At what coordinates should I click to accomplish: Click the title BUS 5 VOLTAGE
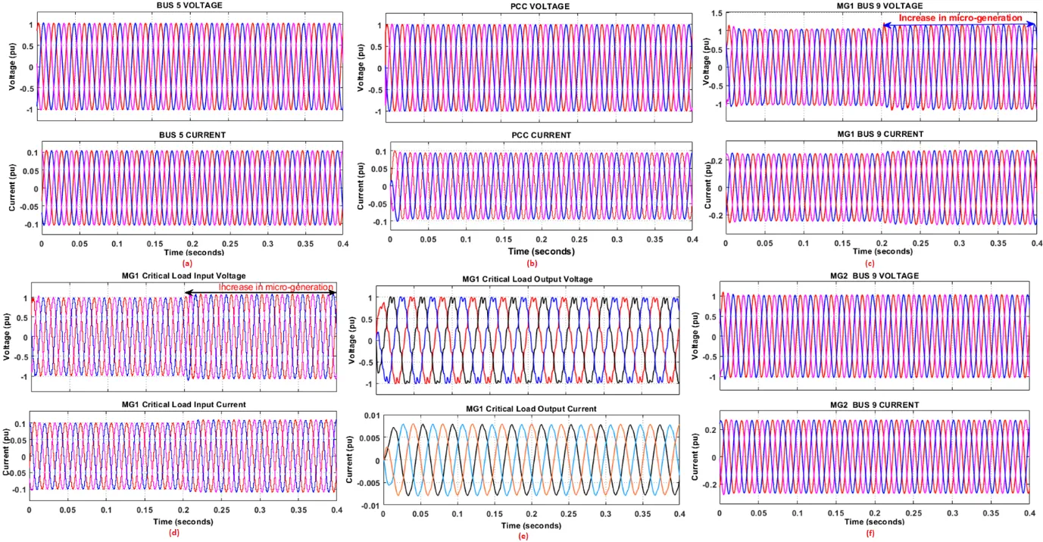192,6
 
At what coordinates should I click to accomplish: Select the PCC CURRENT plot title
541,135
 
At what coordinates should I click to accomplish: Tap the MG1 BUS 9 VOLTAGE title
881,6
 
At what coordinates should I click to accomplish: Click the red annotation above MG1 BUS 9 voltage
960,17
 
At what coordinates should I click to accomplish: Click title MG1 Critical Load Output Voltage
528,279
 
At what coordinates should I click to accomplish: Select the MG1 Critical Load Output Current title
528,409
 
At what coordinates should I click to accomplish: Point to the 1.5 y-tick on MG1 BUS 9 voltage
714,14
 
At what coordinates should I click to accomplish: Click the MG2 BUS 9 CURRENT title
875,405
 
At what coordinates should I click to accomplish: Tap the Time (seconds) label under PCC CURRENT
541,251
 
